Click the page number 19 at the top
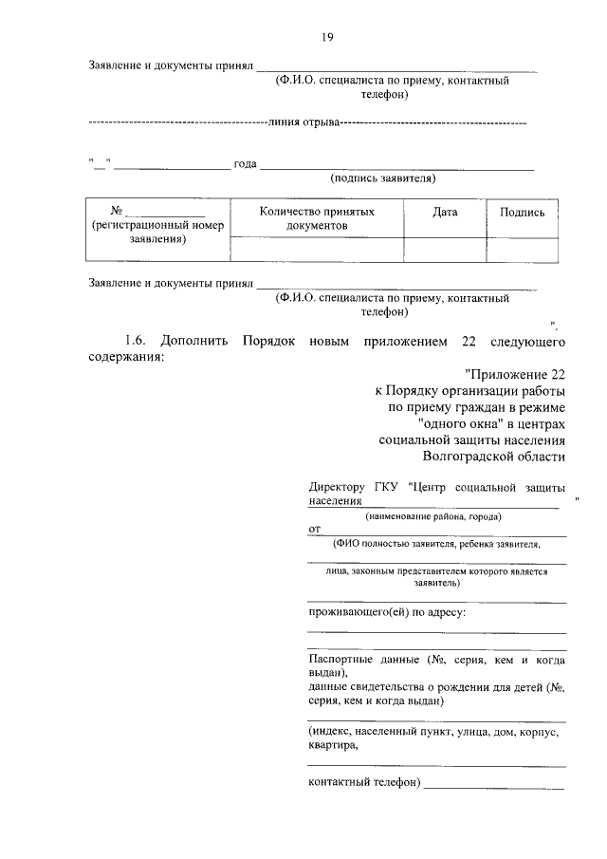(326, 38)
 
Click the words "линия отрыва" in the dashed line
(303, 122)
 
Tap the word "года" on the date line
(246, 164)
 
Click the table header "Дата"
(445, 213)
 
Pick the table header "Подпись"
(522, 213)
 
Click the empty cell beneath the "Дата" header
(445, 249)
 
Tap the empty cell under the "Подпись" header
(522, 249)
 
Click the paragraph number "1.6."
(137, 340)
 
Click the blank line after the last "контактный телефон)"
(494, 784)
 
